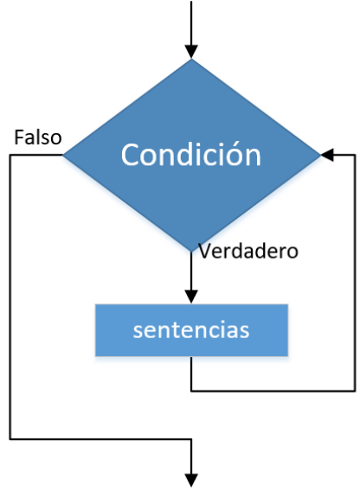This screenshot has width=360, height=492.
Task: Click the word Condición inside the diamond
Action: coord(191,154)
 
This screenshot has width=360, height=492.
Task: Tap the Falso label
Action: coord(38,137)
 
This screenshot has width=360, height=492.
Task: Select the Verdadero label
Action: coord(248,251)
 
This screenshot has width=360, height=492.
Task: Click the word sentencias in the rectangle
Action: coord(191,330)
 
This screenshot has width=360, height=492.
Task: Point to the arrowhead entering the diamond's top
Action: coord(191,52)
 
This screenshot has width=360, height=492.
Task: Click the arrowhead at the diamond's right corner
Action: coord(327,155)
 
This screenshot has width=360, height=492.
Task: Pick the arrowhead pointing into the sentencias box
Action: coord(191,297)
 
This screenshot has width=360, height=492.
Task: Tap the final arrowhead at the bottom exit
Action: coord(191,481)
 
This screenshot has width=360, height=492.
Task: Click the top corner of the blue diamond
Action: coord(191,59)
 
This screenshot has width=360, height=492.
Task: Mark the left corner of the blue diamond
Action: coord(63,155)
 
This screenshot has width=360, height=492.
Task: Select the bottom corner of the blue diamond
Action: coord(191,252)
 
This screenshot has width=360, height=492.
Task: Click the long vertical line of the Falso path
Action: coord(10,297)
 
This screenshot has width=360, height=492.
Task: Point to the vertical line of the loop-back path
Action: coord(355,272)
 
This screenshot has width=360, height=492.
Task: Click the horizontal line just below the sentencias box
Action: coord(273,391)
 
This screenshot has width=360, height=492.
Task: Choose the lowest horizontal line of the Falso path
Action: coord(100,439)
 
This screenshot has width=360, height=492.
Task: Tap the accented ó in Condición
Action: coord(230,154)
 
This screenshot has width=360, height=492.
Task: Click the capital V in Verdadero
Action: coord(204,251)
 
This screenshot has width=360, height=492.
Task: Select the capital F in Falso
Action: coord(19,137)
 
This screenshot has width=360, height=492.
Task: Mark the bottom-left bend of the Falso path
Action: coord(10,439)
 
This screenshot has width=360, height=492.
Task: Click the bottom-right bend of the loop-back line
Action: coord(355,391)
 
